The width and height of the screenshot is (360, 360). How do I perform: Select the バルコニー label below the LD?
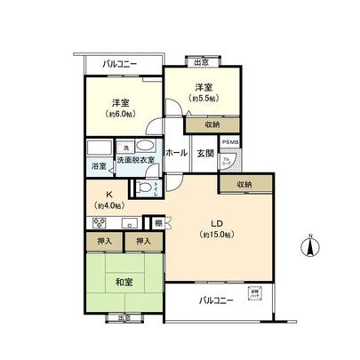pos(216,300)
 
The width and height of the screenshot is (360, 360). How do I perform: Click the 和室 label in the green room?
pos(124,283)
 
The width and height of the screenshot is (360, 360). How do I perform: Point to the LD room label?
pos(216,222)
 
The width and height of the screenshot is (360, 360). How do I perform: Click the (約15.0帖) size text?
pos(216,234)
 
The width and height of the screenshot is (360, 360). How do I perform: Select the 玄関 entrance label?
pos(204,153)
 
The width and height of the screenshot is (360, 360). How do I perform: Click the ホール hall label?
pos(175,153)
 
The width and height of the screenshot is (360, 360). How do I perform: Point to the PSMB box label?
pos(230,142)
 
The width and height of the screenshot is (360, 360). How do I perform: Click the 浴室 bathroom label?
pos(98,166)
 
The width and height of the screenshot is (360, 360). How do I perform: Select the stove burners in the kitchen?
pos(99,223)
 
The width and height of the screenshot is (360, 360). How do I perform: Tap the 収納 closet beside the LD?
pos(244,184)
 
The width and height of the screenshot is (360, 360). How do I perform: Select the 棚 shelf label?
pos(156,222)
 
